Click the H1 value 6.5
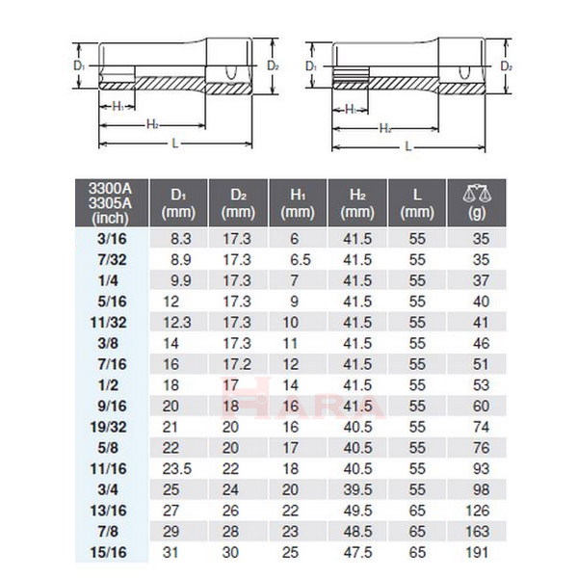click(x=299, y=259)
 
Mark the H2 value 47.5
click(x=356, y=552)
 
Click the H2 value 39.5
click(x=356, y=489)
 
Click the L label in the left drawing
click(x=173, y=143)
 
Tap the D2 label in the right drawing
click(x=507, y=66)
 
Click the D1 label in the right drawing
click(x=310, y=66)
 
